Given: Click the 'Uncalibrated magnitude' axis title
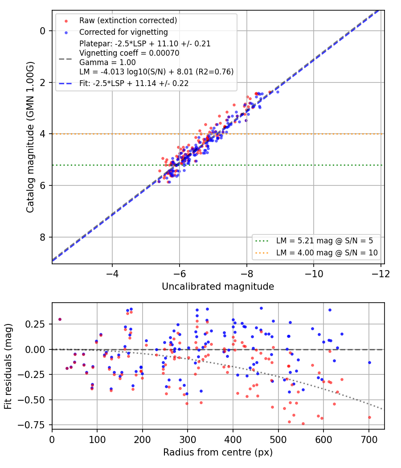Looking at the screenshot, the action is (x=218, y=287).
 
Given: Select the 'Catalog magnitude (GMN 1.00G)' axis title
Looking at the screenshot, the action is (x=30, y=137).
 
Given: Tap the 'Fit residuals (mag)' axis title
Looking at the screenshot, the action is (x=8, y=366).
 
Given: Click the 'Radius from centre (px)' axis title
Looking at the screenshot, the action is (x=218, y=452).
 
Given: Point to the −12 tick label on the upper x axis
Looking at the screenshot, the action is (x=381, y=273).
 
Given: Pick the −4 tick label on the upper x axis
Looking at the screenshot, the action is (x=112, y=273).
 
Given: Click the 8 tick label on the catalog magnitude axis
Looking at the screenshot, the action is (x=43, y=237).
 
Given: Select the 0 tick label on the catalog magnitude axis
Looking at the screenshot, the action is (x=43, y=31).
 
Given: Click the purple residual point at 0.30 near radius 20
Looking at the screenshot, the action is (x=60, y=320).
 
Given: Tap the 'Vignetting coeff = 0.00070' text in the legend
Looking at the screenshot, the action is (x=129, y=53).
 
